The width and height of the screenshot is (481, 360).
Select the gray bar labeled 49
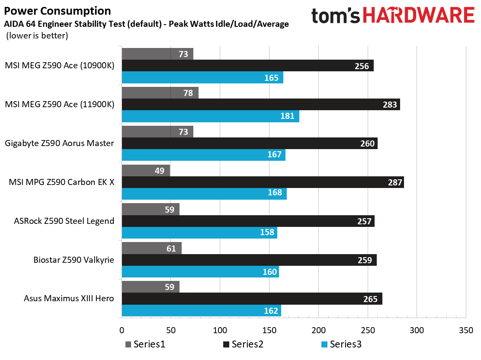pyautogui.click(x=146, y=171)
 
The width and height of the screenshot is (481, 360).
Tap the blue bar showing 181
pyautogui.click(x=210, y=116)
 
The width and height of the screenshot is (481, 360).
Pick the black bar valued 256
pyautogui.click(x=247, y=66)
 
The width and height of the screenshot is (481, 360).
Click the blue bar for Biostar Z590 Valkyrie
pyautogui.click(x=200, y=272)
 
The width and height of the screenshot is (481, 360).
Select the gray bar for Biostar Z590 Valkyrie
pyautogui.click(x=151, y=248)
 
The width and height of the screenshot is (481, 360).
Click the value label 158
pyautogui.click(x=267, y=233)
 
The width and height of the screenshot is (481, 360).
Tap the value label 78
pyautogui.click(x=188, y=93)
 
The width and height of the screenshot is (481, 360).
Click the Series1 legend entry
pyautogui.click(x=145, y=344)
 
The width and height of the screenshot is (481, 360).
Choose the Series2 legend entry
pyautogui.click(x=243, y=344)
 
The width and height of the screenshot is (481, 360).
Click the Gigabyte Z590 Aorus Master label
pyautogui.click(x=59, y=143)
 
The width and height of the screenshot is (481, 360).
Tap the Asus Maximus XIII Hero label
pyautogui.click(x=69, y=299)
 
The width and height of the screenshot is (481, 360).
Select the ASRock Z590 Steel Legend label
pyautogui.click(x=64, y=221)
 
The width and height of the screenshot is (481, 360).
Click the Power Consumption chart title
pyautogui.click(x=57, y=11)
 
